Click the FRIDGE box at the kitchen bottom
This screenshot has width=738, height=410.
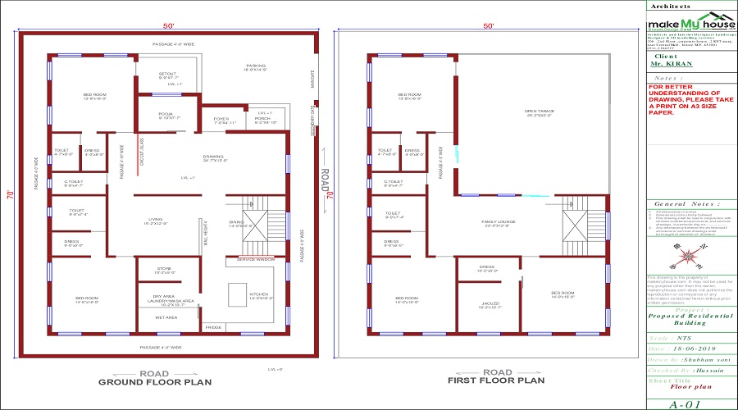point(212,327)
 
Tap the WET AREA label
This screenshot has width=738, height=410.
point(166,317)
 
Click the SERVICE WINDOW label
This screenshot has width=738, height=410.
point(257,259)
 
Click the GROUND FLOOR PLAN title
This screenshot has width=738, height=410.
point(155,381)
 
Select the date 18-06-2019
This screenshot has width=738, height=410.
point(698,348)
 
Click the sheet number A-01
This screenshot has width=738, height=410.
point(687,404)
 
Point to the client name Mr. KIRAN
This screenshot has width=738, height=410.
point(669,62)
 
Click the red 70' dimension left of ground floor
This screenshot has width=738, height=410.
point(10,196)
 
